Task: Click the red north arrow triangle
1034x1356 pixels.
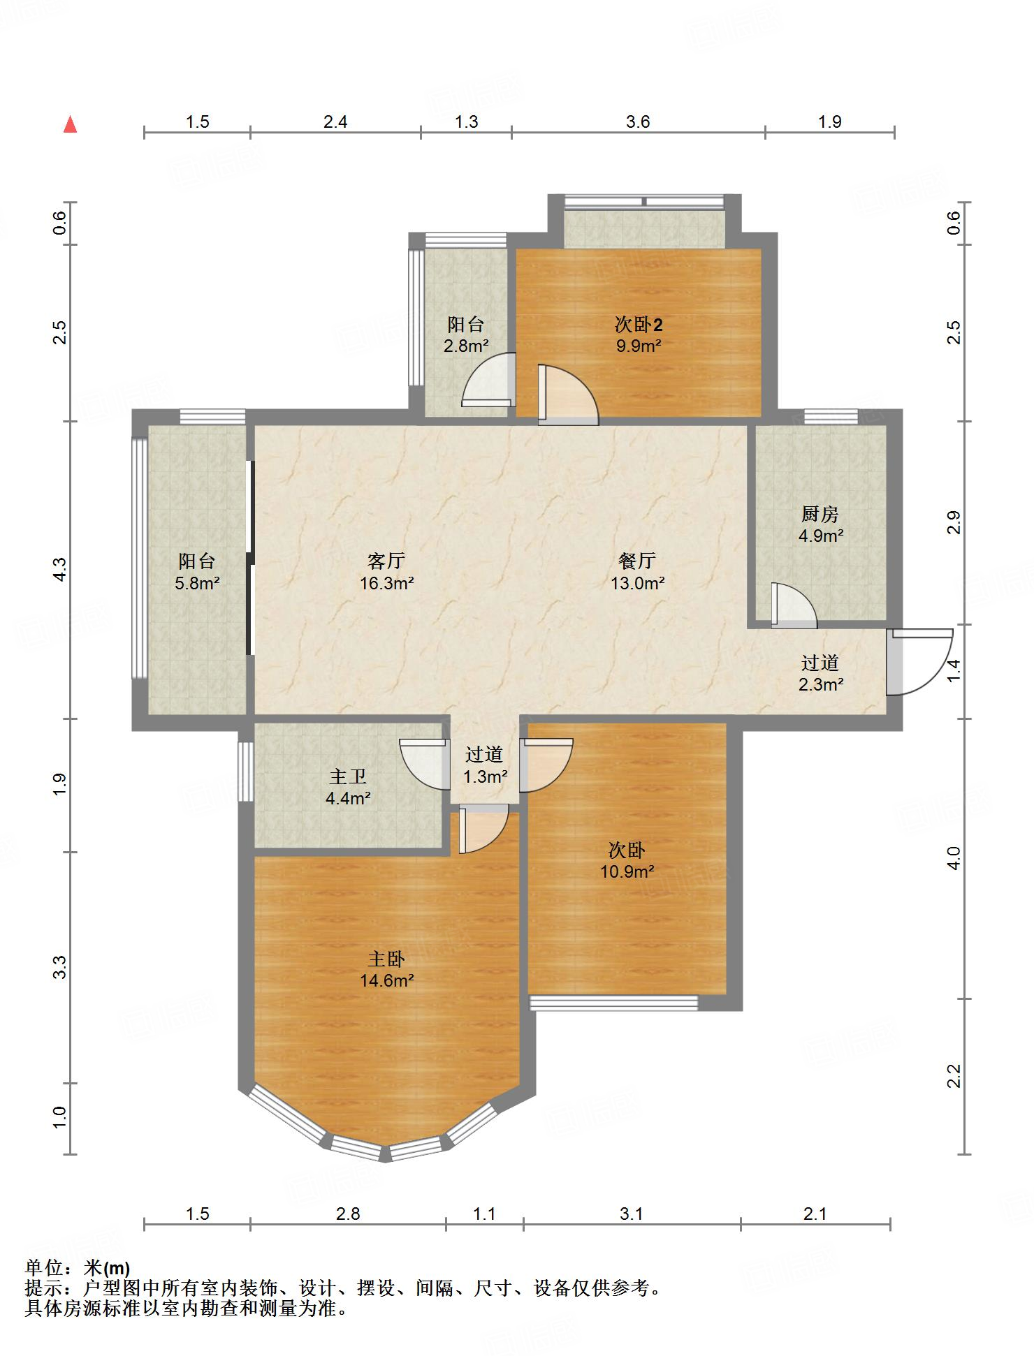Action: click(70, 124)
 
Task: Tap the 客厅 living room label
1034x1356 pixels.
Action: click(386, 561)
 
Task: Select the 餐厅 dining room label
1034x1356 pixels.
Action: click(637, 561)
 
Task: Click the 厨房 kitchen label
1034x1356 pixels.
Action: click(820, 515)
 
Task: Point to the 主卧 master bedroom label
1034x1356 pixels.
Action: click(386, 959)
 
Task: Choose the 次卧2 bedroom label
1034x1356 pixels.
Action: click(639, 324)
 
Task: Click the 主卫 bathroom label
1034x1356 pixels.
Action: click(348, 776)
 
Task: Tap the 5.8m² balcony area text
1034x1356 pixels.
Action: click(198, 583)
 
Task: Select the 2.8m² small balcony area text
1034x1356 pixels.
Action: click(466, 346)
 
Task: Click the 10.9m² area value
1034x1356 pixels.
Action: click(627, 871)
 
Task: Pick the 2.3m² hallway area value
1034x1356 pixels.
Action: click(821, 685)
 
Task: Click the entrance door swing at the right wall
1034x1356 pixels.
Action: click(919, 662)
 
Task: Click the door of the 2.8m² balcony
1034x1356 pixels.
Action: click(489, 380)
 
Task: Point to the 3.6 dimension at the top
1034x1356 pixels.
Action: click(638, 122)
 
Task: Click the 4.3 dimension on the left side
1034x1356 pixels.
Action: click(60, 569)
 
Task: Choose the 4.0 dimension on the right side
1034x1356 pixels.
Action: click(954, 858)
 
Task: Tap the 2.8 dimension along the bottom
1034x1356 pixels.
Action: click(348, 1214)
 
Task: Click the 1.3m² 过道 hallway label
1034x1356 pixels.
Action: click(485, 765)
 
